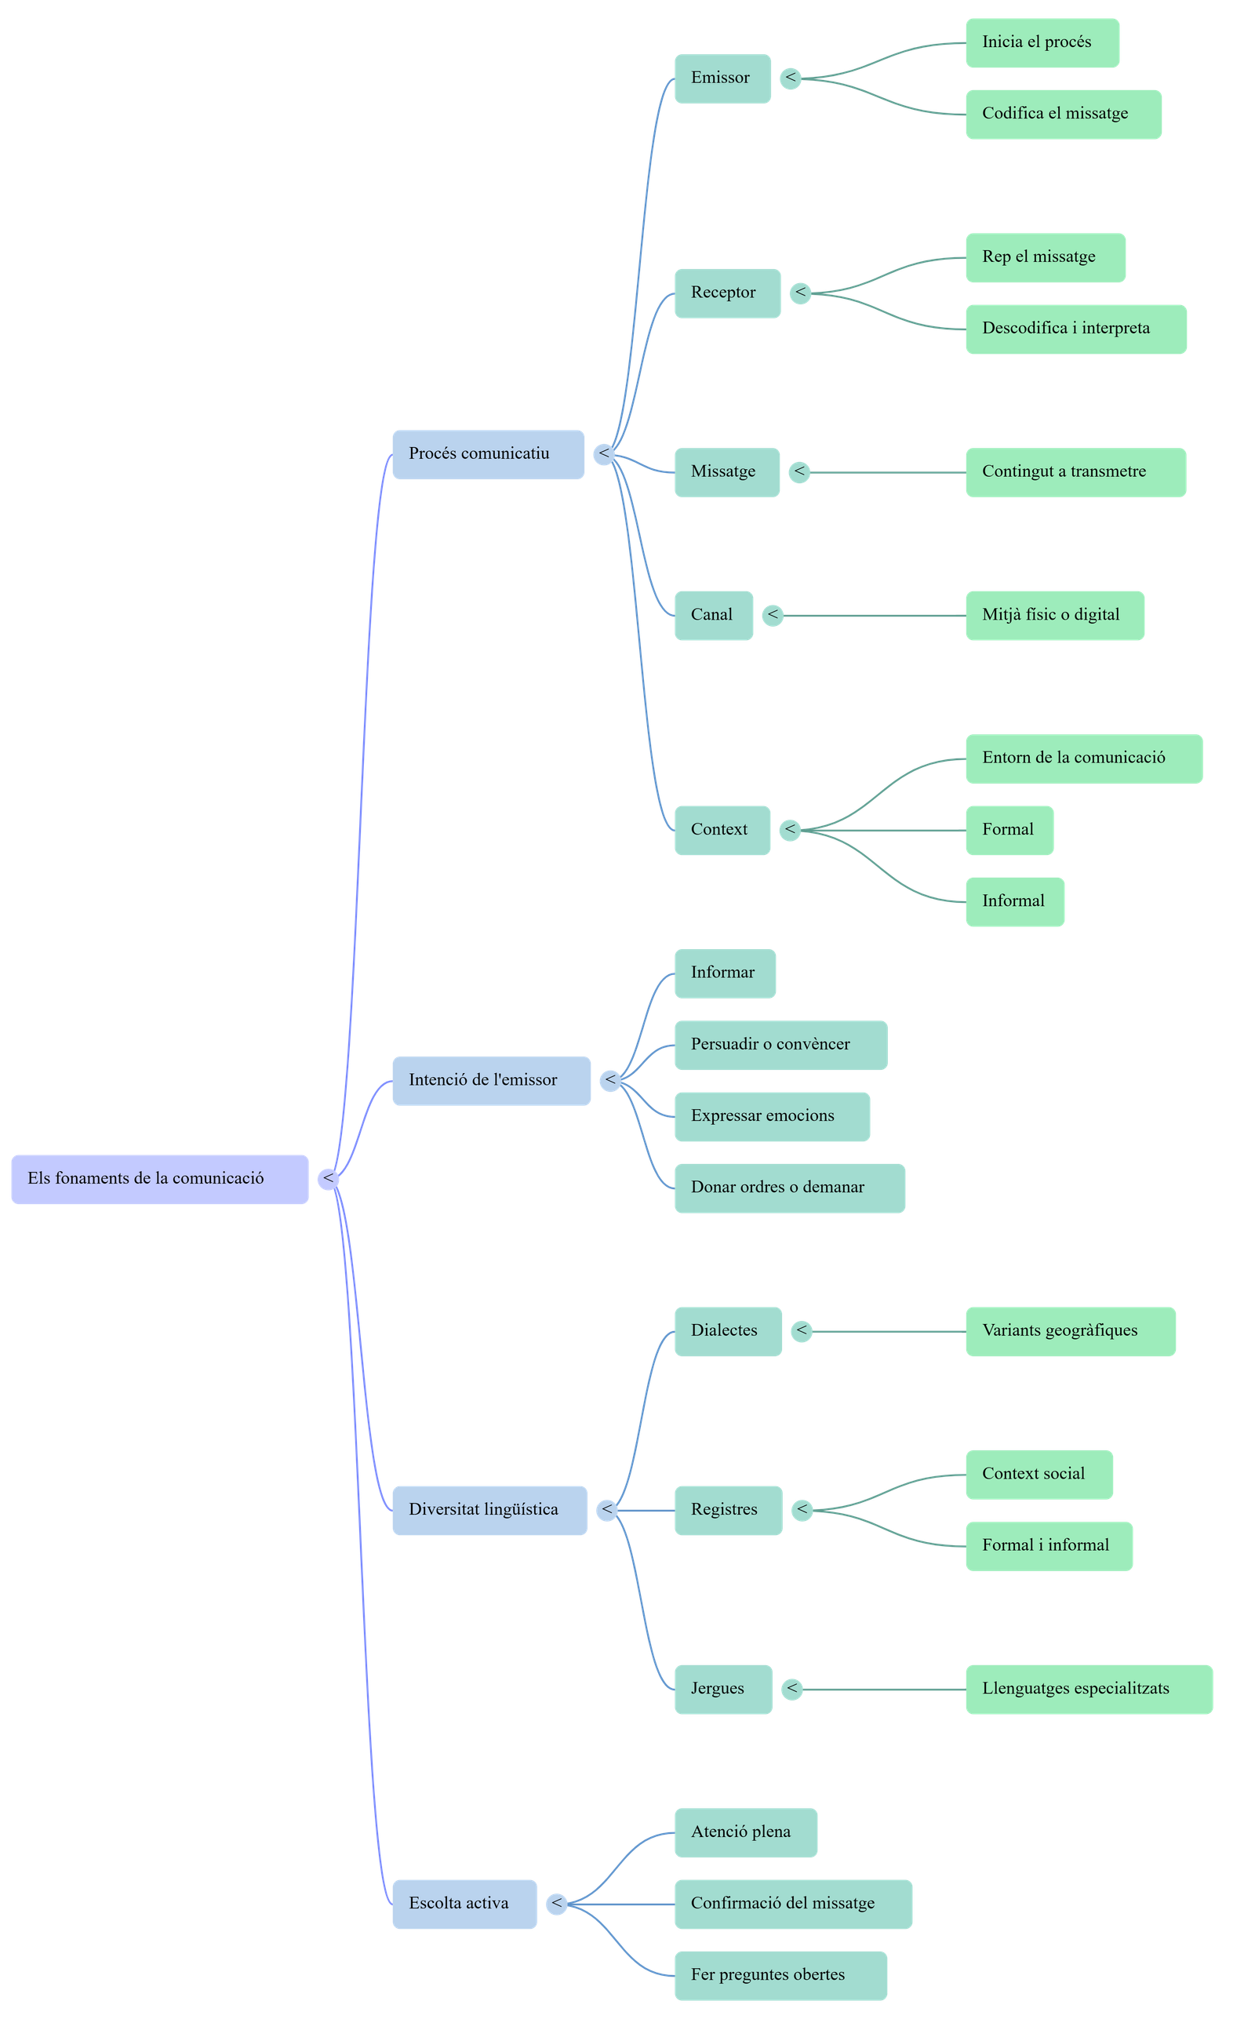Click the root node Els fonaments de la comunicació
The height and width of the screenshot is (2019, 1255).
(x=159, y=1178)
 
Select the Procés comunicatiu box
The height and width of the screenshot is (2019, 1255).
(x=488, y=454)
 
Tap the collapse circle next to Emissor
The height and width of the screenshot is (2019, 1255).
(x=790, y=79)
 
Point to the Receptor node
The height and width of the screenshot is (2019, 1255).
(x=726, y=293)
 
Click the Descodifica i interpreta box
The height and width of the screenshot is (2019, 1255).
(x=1075, y=329)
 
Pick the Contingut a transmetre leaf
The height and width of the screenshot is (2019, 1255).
(x=1075, y=472)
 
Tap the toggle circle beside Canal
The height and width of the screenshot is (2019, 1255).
(x=773, y=616)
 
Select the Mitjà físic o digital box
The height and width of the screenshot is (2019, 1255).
(x=1054, y=616)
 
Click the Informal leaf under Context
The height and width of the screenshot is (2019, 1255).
(x=1013, y=901)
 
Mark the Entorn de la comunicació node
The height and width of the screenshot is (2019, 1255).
(x=1083, y=758)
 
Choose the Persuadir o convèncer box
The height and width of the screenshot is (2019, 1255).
(x=780, y=1045)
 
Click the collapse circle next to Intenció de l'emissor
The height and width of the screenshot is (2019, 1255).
(x=610, y=1080)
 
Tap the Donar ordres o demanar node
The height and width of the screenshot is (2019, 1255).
(x=788, y=1188)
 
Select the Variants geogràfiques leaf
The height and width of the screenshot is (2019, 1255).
(x=1069, y=1331)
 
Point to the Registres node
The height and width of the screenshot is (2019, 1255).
(x=727, y=1509)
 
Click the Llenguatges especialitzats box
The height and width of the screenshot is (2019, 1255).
(x=1088, y=1689)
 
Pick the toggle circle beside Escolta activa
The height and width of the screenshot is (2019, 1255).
(x=556, y=1904)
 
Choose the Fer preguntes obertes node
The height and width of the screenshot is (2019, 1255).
(x=780, y=1975)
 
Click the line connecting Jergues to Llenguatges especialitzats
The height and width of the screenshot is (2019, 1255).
(x=884, y=1689)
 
